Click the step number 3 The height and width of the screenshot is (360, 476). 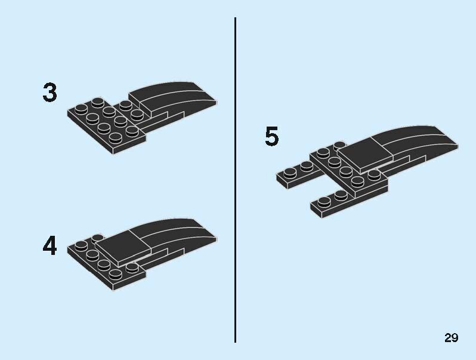[x=50, y=92]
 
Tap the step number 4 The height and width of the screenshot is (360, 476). [x=50, y=245]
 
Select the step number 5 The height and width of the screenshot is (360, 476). [x=271, y=136]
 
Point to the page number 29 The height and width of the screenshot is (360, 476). [x=451, y=337]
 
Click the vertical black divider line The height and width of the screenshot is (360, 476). [x=235, y=180]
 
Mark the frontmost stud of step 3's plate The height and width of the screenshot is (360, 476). [x=115, y=139]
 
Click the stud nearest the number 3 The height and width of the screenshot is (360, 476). [x=81, y=109]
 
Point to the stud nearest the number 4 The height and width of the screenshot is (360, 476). [x=81, y=245]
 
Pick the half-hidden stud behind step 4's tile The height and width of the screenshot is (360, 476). [x=98, y=237]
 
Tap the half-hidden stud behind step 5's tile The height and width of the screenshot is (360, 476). [x=339, y=146]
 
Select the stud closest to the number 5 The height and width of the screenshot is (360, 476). [x=290, y=173]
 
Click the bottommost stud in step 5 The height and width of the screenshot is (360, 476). [x=324, y=201]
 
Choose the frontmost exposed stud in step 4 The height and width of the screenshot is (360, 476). [x=115, y=273]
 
